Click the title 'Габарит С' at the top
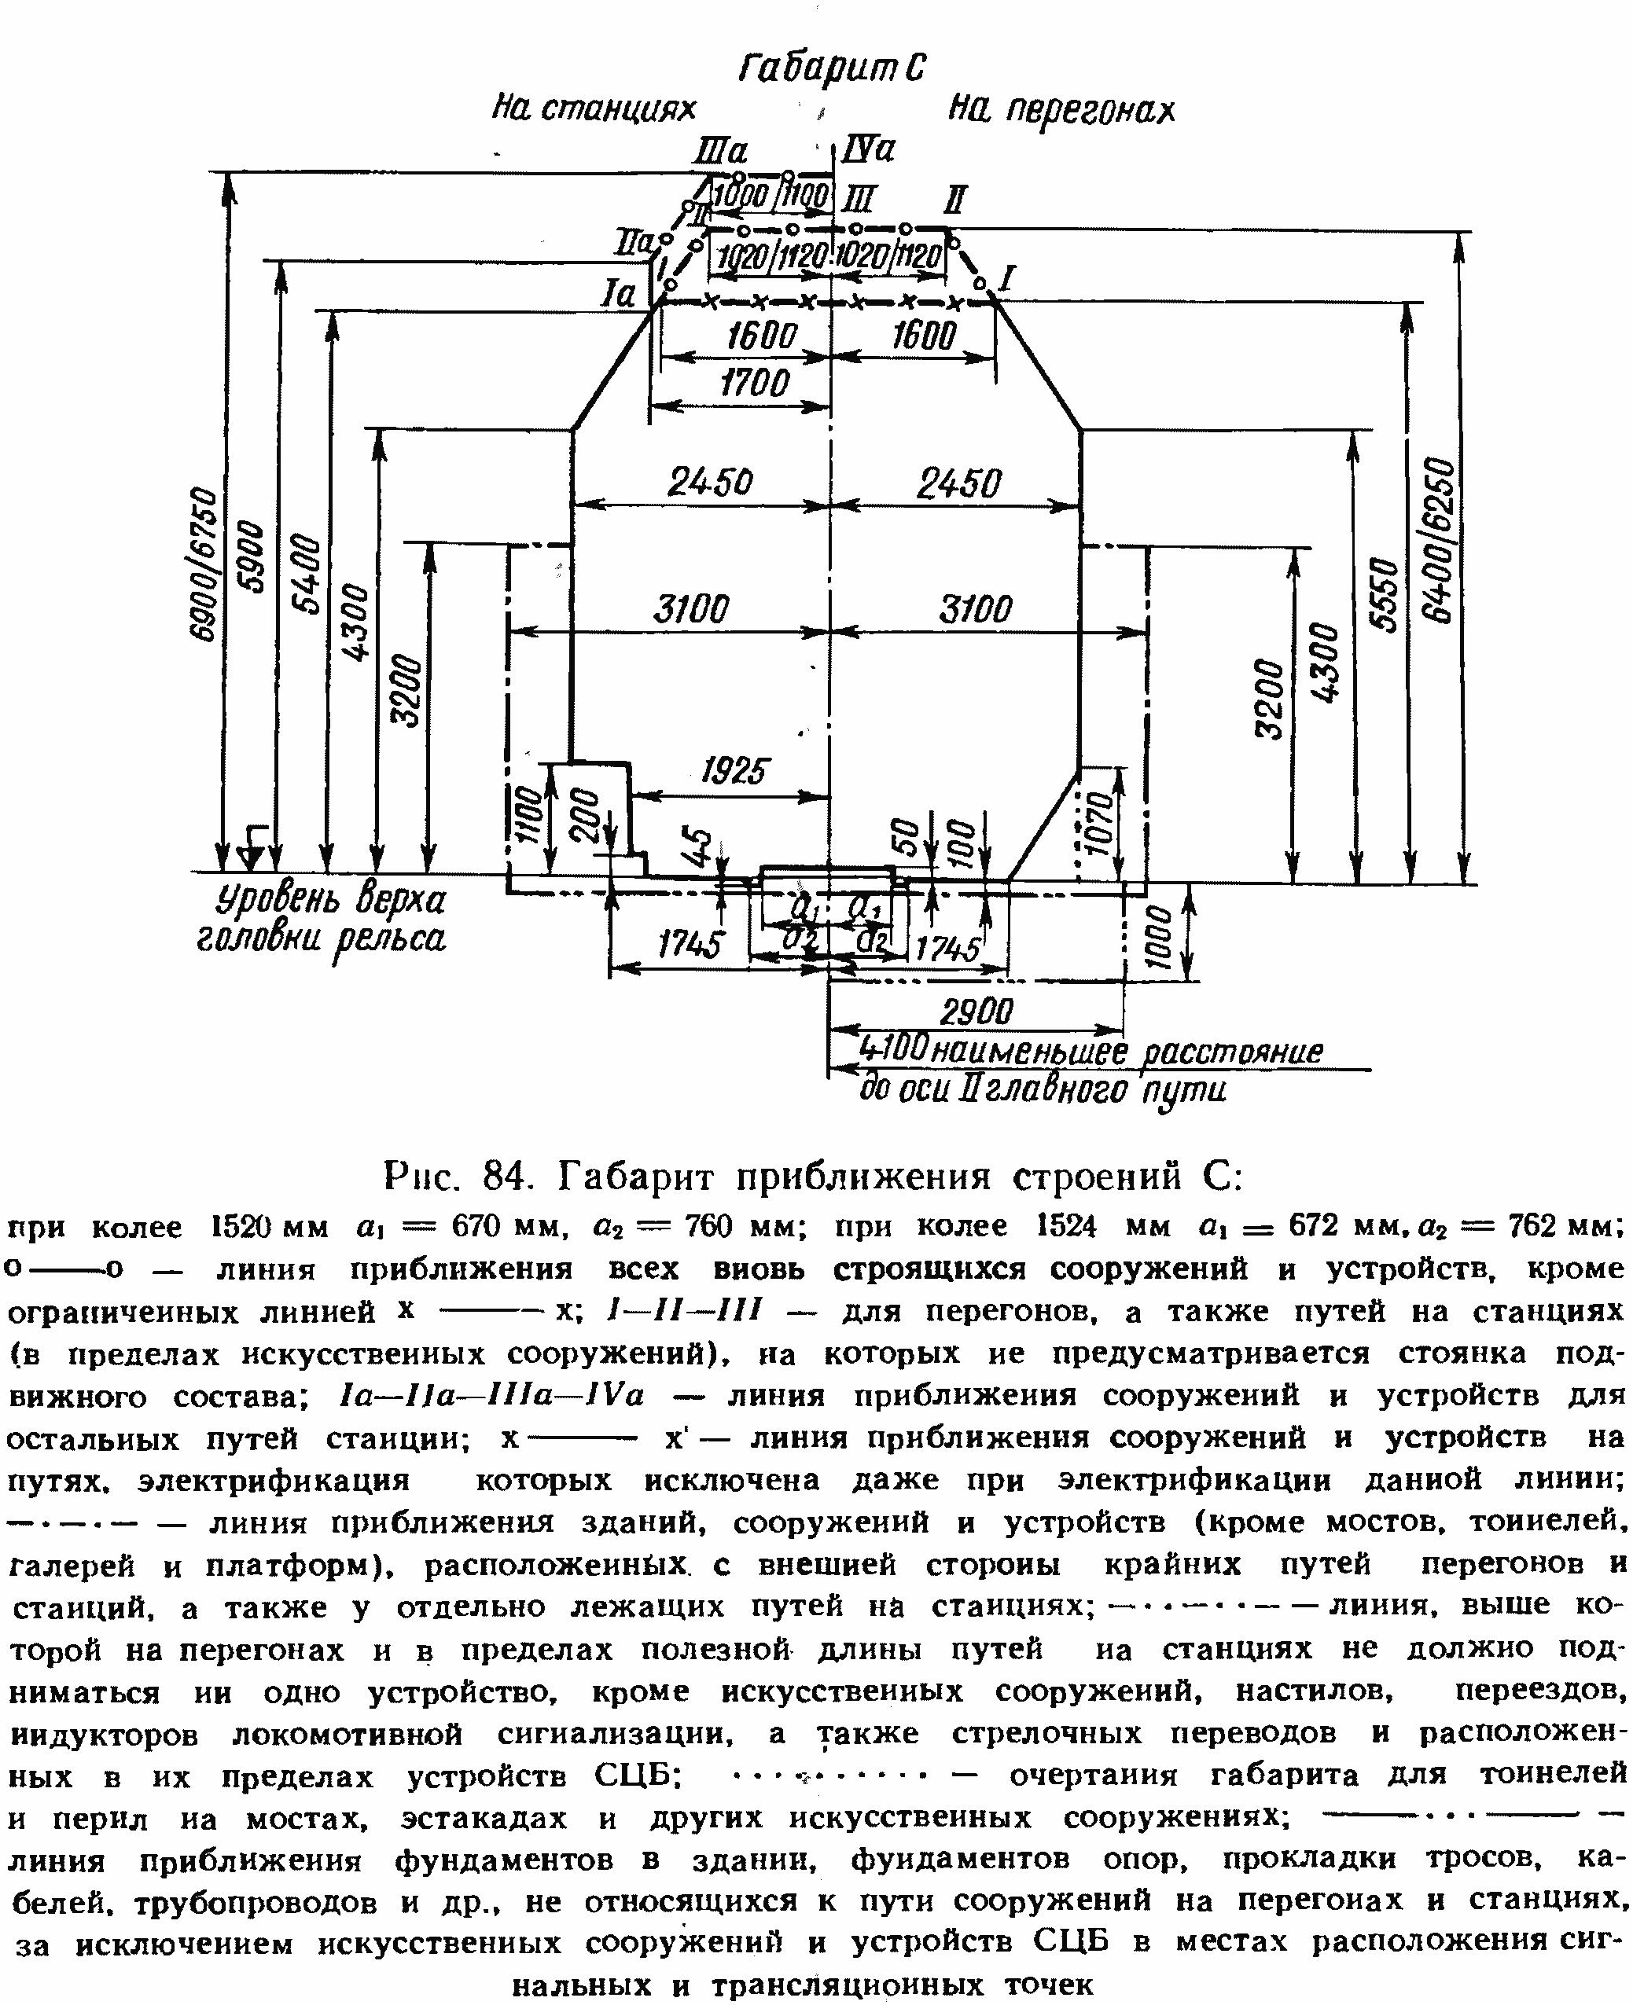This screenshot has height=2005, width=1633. click(833, 68)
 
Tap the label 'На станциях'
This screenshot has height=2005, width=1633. click(594, 109)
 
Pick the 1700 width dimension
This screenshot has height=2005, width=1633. click(755, 383)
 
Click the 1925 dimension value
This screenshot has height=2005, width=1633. click(734, 771)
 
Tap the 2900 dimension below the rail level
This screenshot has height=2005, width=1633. click(976, 1012)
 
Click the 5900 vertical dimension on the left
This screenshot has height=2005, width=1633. click(255, 555)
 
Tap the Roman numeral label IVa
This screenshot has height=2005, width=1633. click(868, 149)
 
